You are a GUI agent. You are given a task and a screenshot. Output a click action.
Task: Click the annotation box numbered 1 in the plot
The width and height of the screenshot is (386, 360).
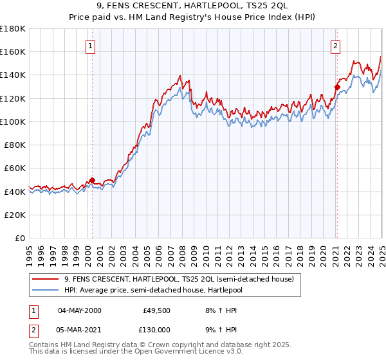point(91,46)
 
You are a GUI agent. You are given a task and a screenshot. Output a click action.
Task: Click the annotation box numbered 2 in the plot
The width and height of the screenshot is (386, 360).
point(336,46)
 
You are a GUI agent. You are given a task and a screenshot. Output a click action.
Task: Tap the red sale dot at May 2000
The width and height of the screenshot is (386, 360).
point(92,181)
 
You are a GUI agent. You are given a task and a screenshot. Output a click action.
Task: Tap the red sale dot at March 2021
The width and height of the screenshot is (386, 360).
point(337,87)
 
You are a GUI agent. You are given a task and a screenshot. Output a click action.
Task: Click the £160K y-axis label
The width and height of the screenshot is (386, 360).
point(14,51)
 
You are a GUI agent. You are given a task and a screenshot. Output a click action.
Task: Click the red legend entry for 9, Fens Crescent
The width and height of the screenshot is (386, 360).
point(178,279)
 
